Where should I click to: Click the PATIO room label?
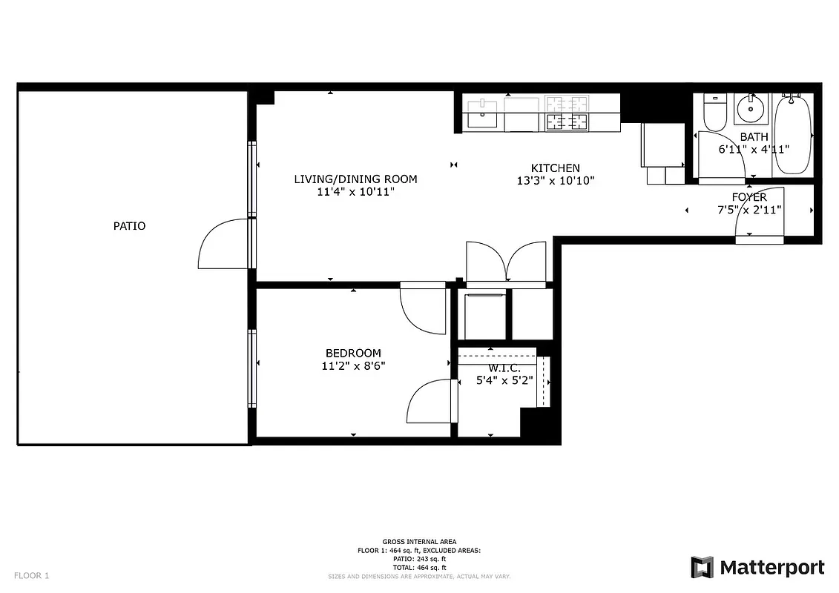tap(129, 226)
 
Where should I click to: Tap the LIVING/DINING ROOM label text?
tap(355, 179)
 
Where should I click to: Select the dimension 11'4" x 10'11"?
tap(355, 192)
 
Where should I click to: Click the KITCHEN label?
tap(555, 168)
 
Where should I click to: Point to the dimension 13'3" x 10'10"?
tap(555, 181)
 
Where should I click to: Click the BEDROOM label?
tap(353, 353)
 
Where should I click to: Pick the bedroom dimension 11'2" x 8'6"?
tap(353, 365)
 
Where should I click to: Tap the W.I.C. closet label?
tap(504, 368)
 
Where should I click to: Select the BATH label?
tap(754, 137)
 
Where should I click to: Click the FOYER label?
tap(749, 197)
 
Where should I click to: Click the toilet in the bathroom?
tap(715, 113)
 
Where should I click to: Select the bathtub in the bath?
tap(792, 133)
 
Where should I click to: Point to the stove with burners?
tap(566, 113)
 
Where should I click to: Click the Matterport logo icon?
tap(702, 568)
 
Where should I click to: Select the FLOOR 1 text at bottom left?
tap(31, 575)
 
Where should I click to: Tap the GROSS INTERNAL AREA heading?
tap(419, 542)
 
